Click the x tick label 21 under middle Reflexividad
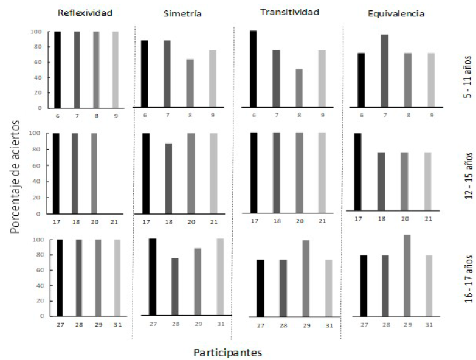coord(114,222)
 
